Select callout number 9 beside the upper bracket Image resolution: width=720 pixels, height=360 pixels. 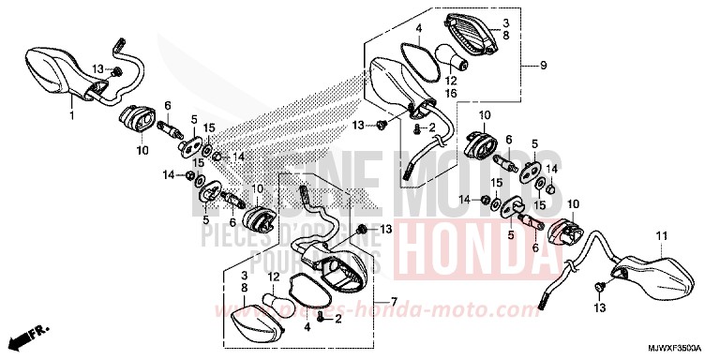[541, 66]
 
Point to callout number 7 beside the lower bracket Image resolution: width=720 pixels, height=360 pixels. [394, 301]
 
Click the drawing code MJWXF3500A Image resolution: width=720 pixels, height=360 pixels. [672, 348]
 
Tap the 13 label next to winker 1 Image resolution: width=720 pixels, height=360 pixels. [97, 69]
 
